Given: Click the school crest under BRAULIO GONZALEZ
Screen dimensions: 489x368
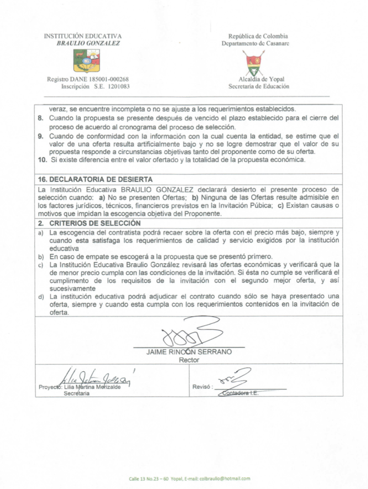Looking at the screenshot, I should [x=87, y=60].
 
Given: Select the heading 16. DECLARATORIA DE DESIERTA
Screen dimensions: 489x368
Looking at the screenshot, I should [x=95, y=179].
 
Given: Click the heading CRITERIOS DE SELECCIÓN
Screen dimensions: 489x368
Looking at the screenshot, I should [x=95, y=223].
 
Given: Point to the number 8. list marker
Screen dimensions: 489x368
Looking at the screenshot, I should [x=41, y=118].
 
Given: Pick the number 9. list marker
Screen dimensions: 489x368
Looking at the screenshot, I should [x=41, y=136].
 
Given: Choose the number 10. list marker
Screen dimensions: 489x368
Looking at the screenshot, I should [x=42, y=160].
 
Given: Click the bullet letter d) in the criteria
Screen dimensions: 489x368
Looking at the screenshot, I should [x=41, y=297].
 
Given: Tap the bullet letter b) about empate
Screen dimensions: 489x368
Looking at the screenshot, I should [x=41, y=257].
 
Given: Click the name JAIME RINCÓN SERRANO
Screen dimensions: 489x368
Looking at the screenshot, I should [x=189, y=352].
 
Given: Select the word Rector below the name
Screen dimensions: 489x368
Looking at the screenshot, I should [x=189, y=360].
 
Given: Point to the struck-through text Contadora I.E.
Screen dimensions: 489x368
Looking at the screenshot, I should [x=240, y=393].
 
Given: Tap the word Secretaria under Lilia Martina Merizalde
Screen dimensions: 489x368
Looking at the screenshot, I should [x=77, y=393].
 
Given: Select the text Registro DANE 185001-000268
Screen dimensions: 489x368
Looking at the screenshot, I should [x=88, y=79].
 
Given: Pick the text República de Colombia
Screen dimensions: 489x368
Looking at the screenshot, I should [x=258, y=36].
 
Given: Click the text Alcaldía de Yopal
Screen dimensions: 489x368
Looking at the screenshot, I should [x=261, y=79].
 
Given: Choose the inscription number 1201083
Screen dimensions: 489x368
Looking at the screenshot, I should [x=119, y=86].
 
